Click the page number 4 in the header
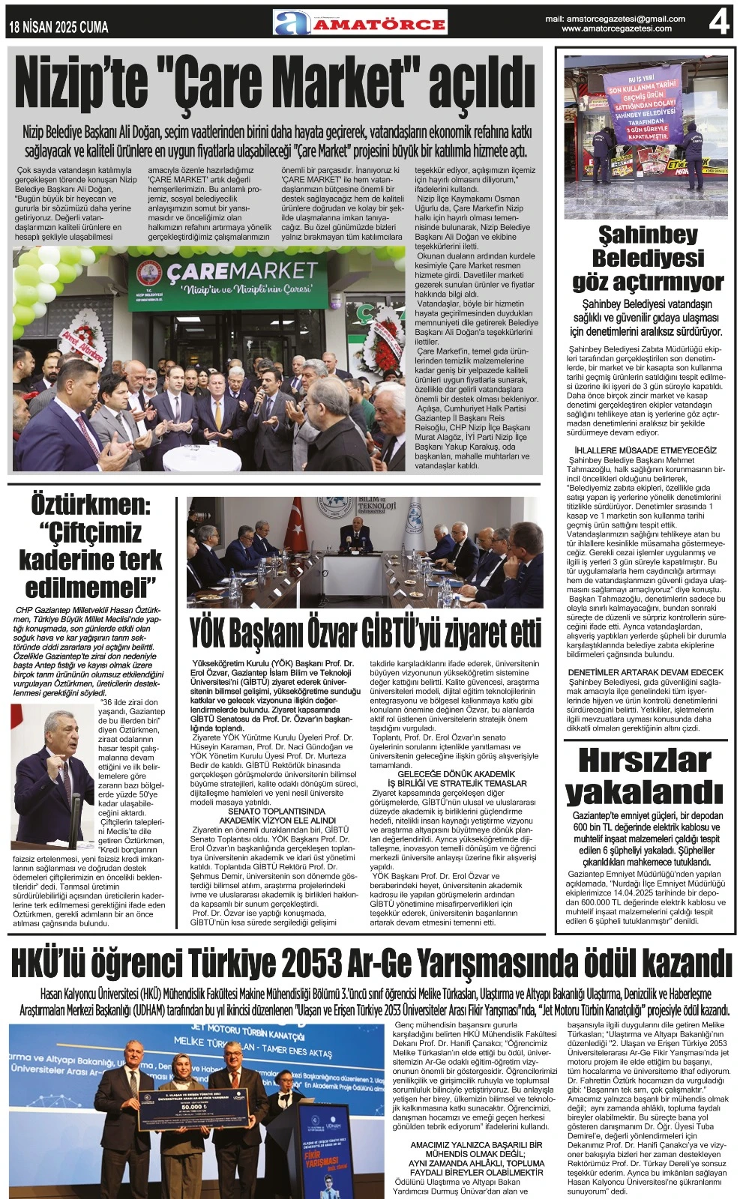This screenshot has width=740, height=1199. (x=718, y=22)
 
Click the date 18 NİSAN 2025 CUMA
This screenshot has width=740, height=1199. (x=58, y=28)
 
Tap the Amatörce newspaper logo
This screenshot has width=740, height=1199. (x=361, y=22)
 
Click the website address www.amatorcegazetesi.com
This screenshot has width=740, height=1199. (x=616, y=28)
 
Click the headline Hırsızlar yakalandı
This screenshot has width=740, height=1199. (x=644, y=775)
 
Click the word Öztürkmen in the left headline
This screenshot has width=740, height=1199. (x=90, y=504)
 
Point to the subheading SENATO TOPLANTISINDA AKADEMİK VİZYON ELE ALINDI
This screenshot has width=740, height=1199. (x=277, y=815)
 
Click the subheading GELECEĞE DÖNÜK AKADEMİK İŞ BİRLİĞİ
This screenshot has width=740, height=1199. (x=457, y=778)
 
